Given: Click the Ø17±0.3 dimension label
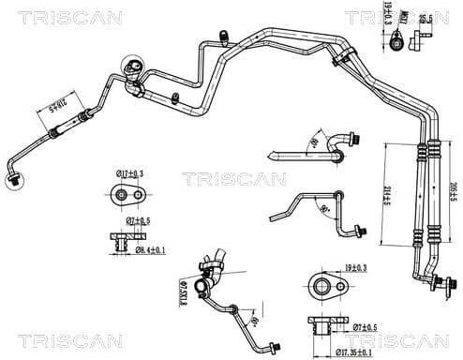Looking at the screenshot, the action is pos(128,174).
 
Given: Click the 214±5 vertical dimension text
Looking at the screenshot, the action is pos(387,201).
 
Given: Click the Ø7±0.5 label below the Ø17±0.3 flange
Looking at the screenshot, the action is pos(139,221).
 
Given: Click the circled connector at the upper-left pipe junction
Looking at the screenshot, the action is pos(132,67).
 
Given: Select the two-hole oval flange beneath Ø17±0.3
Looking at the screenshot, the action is pos(125,195).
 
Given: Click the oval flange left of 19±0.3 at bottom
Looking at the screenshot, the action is pos(323,285).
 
